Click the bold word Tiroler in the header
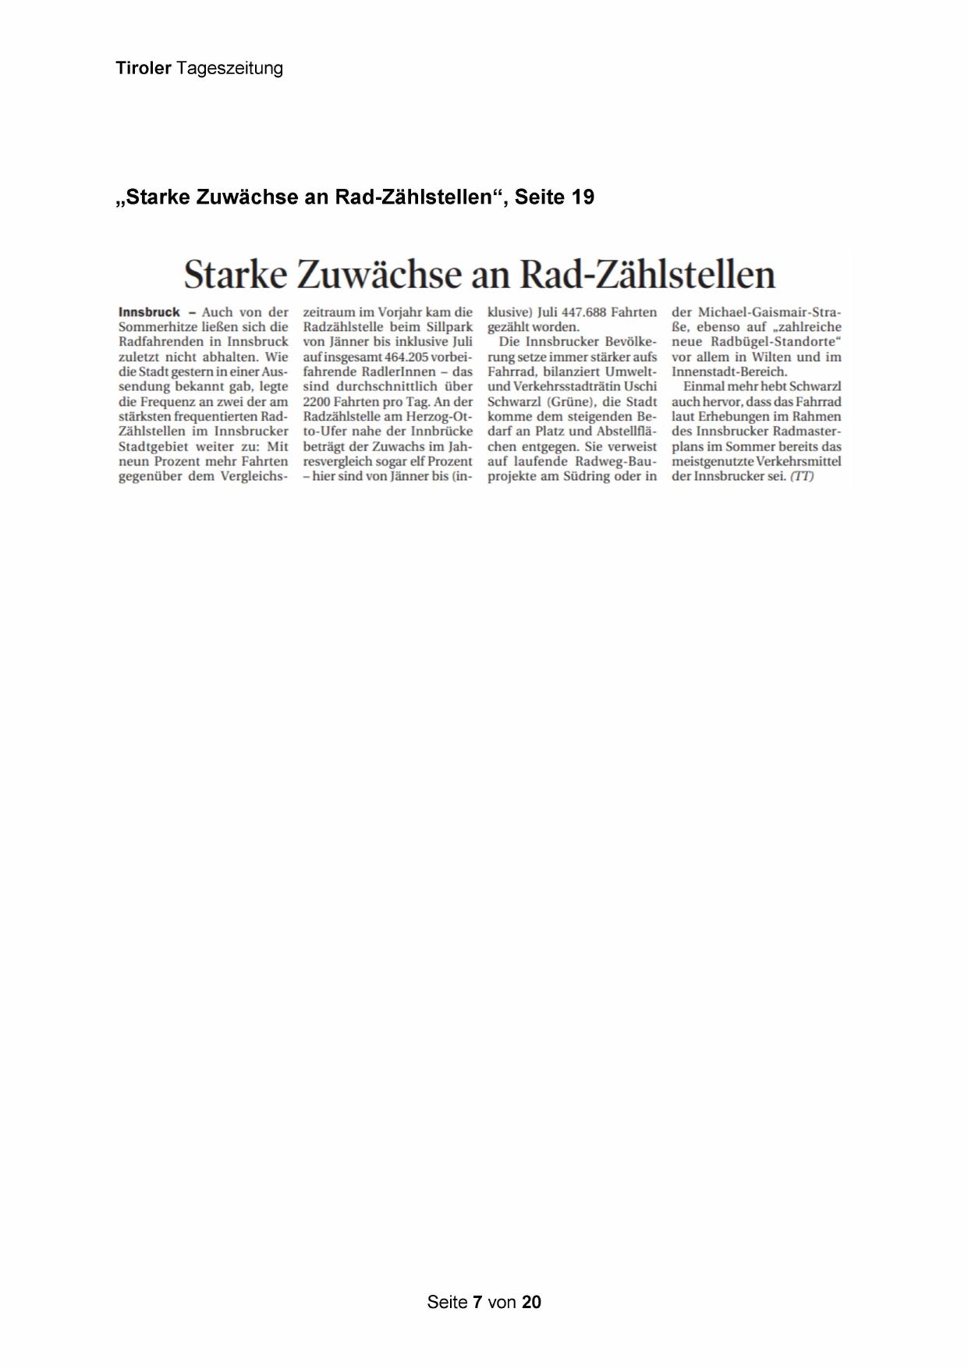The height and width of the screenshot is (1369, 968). coord(143,69)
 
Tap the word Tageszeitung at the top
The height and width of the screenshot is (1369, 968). coord(229,69)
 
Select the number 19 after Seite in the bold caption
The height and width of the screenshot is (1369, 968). coord(583,197)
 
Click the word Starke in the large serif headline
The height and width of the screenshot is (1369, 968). coord(235,275)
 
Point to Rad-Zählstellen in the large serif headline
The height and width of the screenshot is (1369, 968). coord(647,275)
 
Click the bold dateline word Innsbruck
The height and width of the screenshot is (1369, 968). coord(149,312)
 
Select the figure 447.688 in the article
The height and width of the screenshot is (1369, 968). coord(583,312)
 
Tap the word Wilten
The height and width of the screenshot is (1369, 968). coord(771,357)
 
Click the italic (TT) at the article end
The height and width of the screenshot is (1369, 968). coord(802,476)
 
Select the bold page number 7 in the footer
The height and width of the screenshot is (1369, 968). coord(477,1302)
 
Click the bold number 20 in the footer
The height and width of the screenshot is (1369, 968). coord(531,1302)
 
